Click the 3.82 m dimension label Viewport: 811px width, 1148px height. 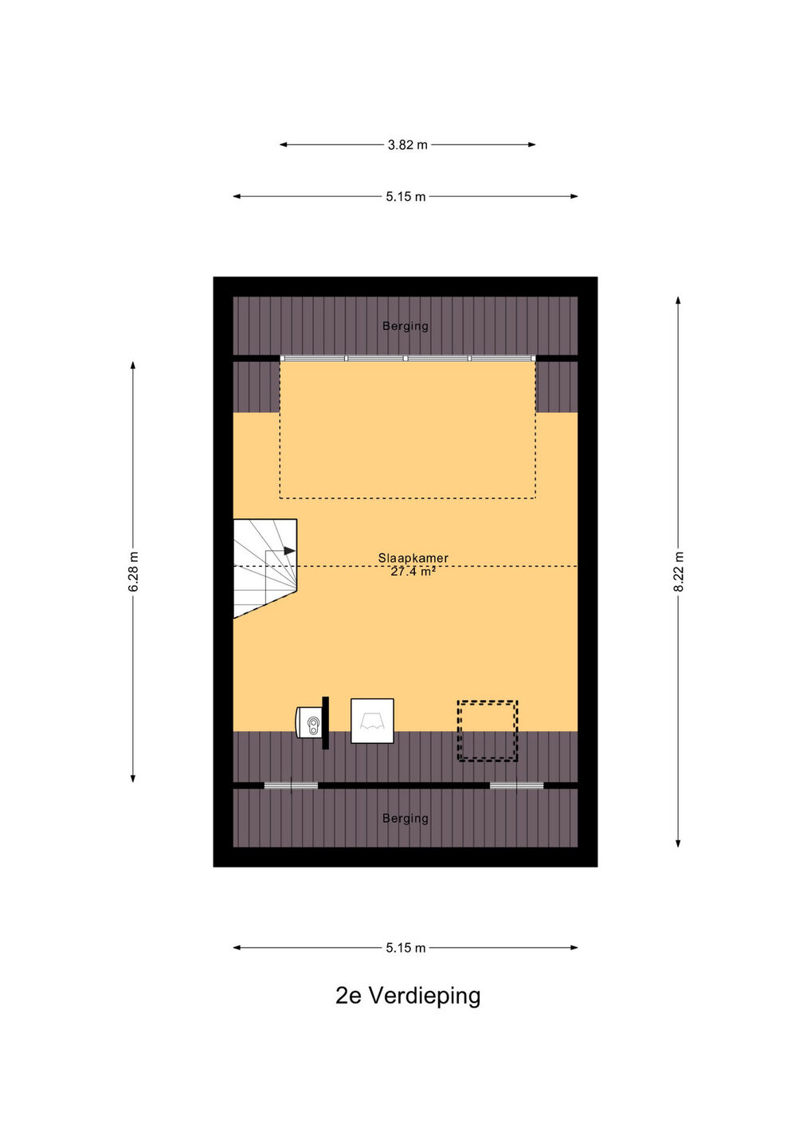pos(408,145)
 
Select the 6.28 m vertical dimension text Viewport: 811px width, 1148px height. pos(133,572)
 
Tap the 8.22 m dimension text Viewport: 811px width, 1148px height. pos(679,572)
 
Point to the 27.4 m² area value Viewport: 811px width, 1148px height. pos(413,572)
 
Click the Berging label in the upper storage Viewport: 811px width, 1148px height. pos(405,326)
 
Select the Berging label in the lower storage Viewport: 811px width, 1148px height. pos(405,819)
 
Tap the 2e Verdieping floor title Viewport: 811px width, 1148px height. pos(408,996)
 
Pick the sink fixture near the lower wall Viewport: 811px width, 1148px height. pos(309,723)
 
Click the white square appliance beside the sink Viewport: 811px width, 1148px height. pos(372,721)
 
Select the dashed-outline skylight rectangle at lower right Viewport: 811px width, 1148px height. pos(488,731)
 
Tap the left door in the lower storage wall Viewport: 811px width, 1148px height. pos(291,786)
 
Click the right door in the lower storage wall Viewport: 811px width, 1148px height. pos(516,785)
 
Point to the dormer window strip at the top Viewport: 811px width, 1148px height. pos(408,358)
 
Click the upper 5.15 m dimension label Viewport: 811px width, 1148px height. pos(406,197)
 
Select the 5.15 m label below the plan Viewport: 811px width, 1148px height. pos(406,948)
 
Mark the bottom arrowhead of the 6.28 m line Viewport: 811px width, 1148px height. pos(132,778)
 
